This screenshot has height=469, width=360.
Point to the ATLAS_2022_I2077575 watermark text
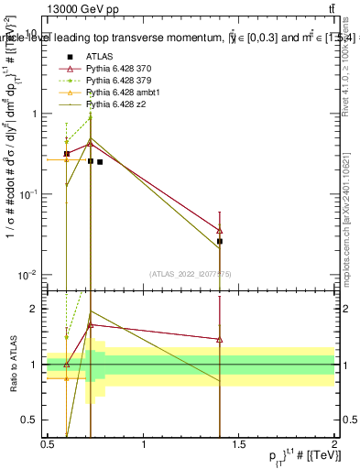[190, 273]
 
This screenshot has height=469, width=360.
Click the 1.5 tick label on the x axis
[239, 444]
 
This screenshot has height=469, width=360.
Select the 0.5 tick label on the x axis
[48, 444]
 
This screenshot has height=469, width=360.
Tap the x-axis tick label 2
[334, 444]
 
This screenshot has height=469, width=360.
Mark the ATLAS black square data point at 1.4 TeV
[220, 241]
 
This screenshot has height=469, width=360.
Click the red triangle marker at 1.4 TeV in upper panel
[220, 231]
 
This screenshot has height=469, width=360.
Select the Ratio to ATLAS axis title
[12, 364]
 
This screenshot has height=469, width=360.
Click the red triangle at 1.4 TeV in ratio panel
[220, 339]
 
